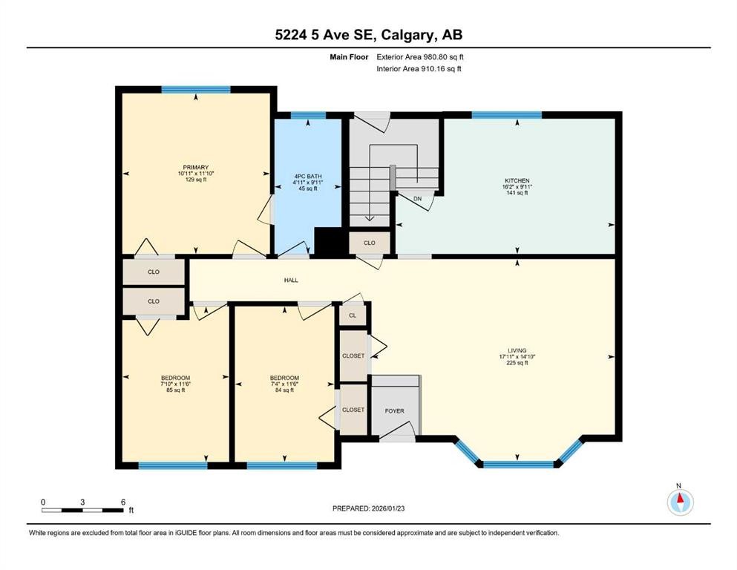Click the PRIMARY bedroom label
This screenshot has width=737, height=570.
[x=197, y=167]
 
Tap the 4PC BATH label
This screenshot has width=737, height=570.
[x=307, y=176]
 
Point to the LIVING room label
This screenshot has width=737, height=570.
[x=517, y=350]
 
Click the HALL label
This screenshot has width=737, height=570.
[x=291, y=280]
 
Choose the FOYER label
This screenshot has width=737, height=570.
[x=394, y=410]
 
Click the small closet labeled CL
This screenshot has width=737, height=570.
[x=353, y=315]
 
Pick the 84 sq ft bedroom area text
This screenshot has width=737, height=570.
[x=284, y=390]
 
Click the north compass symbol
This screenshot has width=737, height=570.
[x=680, y=502]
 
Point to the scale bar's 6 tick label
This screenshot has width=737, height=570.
[x=123, y=501]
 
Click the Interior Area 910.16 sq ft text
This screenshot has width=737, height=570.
[x=419, y=69]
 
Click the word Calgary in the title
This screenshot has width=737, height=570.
[x=393, y=34]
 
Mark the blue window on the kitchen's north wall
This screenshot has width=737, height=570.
[x=506, y=114]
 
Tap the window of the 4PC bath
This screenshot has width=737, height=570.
[x=308, y=115]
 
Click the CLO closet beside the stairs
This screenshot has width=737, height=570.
[x=369, y=243]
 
